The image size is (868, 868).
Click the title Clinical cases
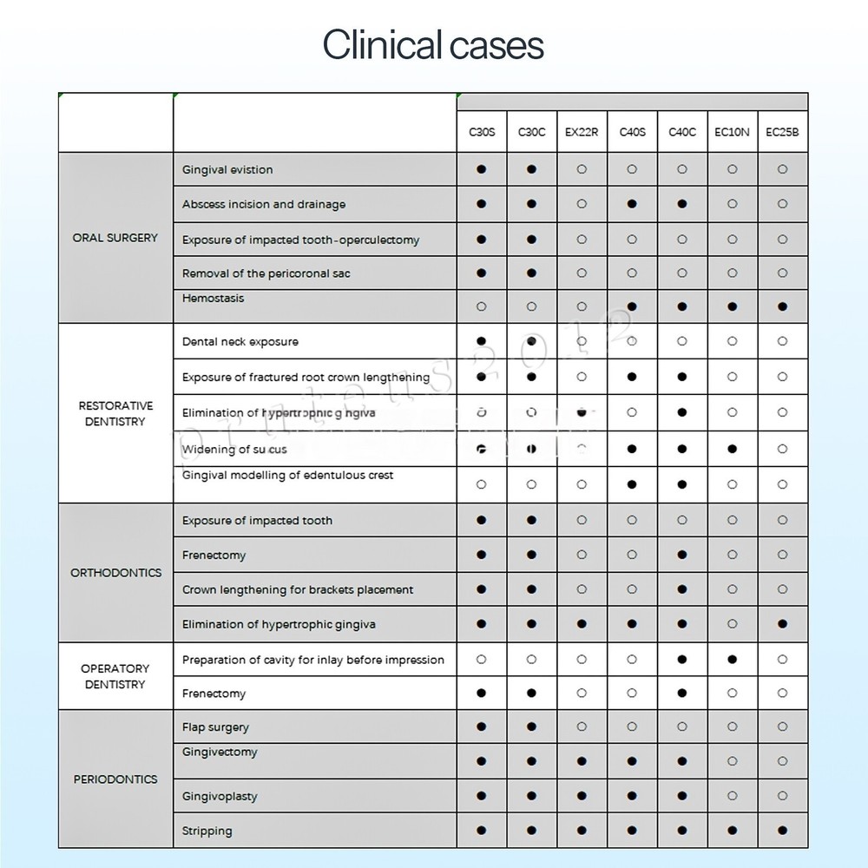coord(433,45)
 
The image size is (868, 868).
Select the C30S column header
coord(482,133)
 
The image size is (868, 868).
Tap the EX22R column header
coord(582,133)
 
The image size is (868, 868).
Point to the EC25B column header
coord(782,133)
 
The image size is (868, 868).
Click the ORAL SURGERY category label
coord(115,238)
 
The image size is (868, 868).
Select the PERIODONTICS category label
coord(115,779)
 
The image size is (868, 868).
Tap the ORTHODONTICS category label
coord(115,573)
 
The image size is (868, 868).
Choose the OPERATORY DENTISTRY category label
coord(115,676)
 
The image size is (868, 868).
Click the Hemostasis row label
coord(214,299)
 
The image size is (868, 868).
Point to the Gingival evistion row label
coord(227,170)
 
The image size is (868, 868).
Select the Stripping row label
coord(207,832)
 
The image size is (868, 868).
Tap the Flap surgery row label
coord(215,727)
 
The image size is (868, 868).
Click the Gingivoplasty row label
coord(220,797)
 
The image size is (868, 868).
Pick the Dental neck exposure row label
coord(240,342)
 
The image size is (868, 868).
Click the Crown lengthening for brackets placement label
coord(298,590)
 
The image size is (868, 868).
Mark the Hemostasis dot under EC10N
coord(732,306)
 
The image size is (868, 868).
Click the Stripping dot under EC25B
coord(782,831)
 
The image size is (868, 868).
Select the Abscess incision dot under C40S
coord(632,205)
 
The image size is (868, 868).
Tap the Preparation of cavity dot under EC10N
coord(732,660)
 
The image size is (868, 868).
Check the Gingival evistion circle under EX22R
coord(582,170)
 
